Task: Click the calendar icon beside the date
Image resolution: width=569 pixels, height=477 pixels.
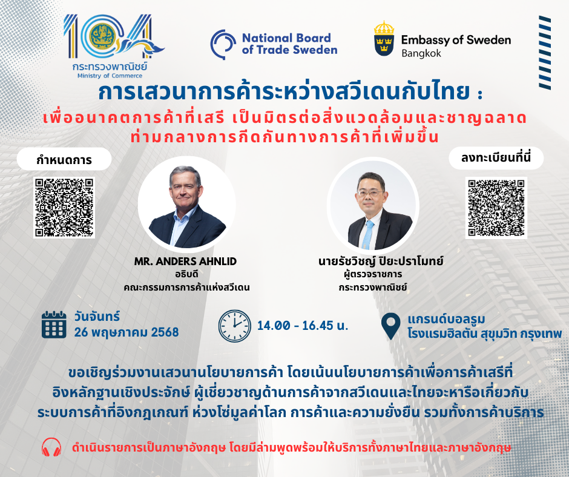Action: click(54, 324)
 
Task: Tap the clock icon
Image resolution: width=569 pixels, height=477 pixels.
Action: click(234, 326)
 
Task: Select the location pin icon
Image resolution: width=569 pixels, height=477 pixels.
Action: click(391, 326)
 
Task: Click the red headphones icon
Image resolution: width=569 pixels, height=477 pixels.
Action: click(51, 447)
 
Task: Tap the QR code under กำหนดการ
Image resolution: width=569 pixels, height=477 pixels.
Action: click(64, 208)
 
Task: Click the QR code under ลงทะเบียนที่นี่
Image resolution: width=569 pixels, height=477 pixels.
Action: click(496, 208)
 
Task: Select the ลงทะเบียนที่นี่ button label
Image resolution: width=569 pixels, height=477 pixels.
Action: click(496, 158)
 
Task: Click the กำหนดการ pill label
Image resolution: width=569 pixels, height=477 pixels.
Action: click(64, 159)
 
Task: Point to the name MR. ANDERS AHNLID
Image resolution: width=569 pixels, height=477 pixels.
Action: click(185, 262)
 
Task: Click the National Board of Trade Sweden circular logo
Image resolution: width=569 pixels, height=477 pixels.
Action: click(223, 44)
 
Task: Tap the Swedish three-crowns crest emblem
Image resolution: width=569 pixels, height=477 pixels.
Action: click(384, 39)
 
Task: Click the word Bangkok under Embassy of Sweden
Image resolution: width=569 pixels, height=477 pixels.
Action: click(421, 53)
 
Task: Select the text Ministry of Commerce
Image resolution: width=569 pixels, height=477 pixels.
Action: click(110, 76)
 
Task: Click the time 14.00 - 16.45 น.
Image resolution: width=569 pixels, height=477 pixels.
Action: click(303, 326)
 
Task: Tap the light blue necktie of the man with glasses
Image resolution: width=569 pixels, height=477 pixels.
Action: click(368, 234)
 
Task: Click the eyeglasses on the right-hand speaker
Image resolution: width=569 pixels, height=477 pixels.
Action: click(370, 193)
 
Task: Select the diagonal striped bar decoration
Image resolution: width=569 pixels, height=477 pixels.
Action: click(545, 53)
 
